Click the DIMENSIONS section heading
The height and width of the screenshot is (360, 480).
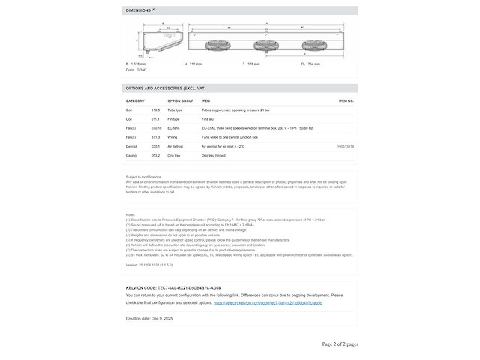pyautogui.click(x=140, y=10)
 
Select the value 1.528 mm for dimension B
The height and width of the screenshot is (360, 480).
pyautogui.click(x=139, y=64)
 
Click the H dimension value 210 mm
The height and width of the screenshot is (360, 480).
pyautogui.click(x=196, y=64)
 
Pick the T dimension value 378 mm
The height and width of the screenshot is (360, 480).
pyautogui.click(x=253, y=64)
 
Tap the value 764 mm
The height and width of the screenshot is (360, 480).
pyautogui.click(x=313, y=64)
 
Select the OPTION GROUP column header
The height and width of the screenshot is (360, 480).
pyautogui.click(x=180, y=100)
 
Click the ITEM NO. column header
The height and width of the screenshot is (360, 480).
pyautogui.click(x=346, y=100)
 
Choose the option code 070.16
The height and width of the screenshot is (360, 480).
pyautogui.click(x=155, y=128)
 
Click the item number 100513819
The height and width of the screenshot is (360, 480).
pyautogui.click(x=346, y=146)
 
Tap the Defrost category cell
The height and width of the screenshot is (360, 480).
pyautogui.click(x=131, y=146)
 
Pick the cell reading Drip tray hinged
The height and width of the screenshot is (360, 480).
pyautogui.click(x=214, y=155)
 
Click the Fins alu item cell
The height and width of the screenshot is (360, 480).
pyautogui.click(x=208, y=118)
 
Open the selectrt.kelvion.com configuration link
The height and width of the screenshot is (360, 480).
pyautogui.click(x=268, y=303)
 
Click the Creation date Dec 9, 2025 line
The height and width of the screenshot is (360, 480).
pyautogui.click(x=148, y=319)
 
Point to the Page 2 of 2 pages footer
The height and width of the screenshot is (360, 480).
pyautogui.click(x=340, y=343)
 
